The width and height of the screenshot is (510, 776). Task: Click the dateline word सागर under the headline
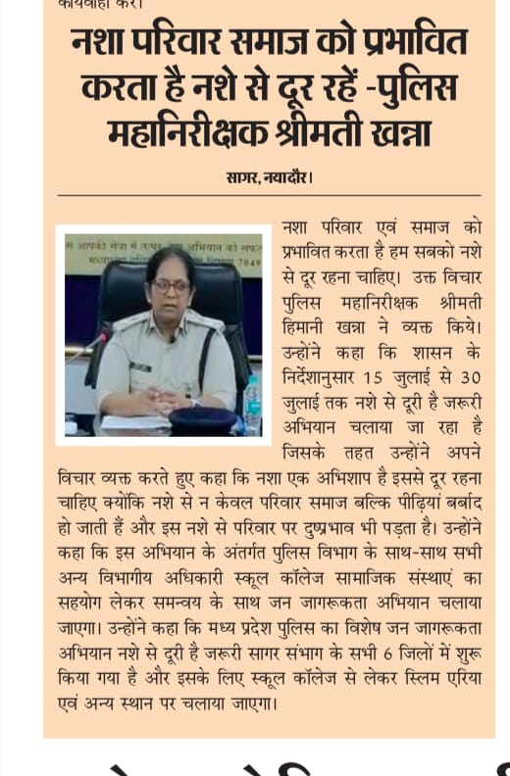click(x=240, y=177)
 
